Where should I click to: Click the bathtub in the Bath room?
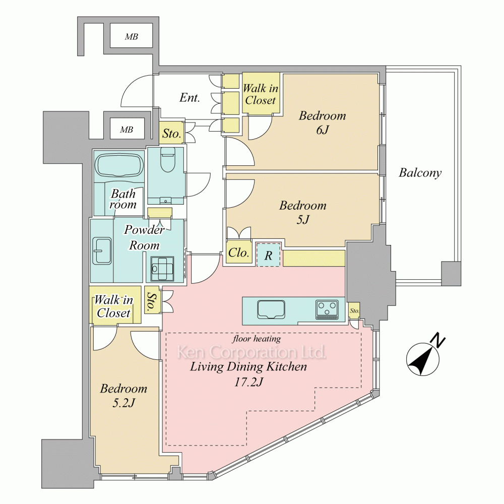click(119, 165)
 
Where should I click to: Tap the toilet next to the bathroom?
click(167, 159)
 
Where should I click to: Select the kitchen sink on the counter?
click(271, 309)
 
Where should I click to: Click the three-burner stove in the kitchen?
click(327, 309)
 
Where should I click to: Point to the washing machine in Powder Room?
click(162, 269)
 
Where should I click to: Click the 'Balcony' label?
click(420, 173)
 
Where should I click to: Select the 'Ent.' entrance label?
click(190, 97)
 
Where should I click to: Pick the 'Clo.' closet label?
click(239, 253)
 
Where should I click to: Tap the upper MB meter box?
click(131, 36)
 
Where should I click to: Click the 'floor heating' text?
click(257, 339)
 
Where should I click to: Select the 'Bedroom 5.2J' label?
click(123, 395)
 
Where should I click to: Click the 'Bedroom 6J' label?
click(323, 122)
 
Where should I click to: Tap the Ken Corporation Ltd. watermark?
click(251, 352)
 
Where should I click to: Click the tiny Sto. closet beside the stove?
click(354, 310)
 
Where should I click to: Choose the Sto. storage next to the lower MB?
click(172, 133)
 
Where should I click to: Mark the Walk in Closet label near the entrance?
click(261, 94)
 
